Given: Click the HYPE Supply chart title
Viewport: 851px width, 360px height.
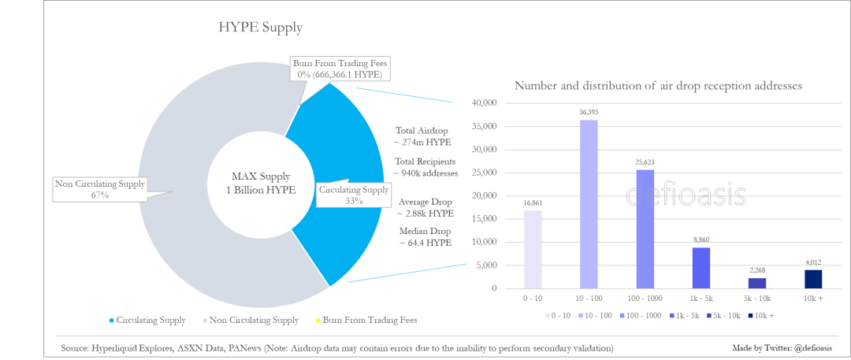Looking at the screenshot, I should point(260,28).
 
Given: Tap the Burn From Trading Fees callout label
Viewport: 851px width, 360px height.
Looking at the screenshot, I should point(340,69).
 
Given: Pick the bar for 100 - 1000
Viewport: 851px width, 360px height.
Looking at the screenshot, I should point(645,228).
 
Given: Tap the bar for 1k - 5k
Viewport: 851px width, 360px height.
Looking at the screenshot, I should point(701,268).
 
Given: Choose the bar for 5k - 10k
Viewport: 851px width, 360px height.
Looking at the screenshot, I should point(756,283).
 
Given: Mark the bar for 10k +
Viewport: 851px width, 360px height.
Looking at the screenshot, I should point(813,279).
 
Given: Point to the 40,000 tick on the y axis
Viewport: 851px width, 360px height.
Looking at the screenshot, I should point(482,103).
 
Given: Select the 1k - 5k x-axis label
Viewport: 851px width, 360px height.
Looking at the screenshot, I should point(701,300).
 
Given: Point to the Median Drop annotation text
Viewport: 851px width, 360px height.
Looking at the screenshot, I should point(425,237).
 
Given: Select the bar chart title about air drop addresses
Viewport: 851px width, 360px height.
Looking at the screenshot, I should point(657,86).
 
